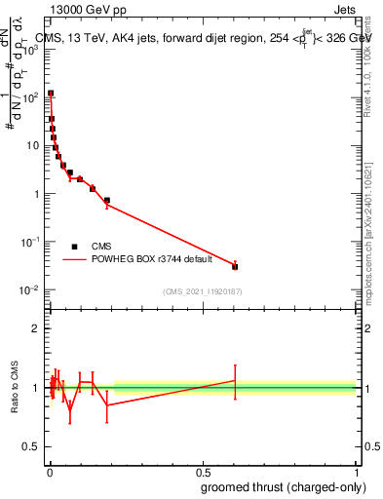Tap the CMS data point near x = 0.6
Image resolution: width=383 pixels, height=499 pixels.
tap(235, 266)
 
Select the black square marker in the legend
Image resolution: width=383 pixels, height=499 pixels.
tap(74, 247)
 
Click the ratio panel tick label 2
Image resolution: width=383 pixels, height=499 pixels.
tap(36, 328)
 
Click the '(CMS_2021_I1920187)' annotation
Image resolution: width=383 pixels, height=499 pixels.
tap(202, 292)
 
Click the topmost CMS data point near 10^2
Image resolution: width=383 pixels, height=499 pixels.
tap(51, 94)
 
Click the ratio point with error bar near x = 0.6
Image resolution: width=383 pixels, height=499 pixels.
tap(235, 380)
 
